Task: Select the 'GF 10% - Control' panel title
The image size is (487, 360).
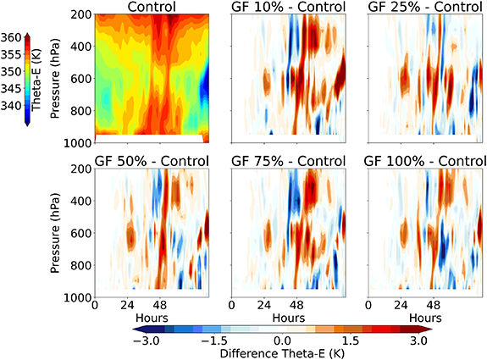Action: pos(288,8)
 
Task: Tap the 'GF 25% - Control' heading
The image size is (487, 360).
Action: pos(423,8)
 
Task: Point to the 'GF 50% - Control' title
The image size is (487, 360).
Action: pos(152,160)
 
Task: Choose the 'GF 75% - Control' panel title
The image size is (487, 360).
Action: pos(288,160)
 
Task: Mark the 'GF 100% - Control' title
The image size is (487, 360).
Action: pos(423,160)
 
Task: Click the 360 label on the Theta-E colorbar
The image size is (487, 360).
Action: pos(13,39)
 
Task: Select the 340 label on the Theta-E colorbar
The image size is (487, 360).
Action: pos(13,105)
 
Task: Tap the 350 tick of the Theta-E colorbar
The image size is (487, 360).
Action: pos(13,72)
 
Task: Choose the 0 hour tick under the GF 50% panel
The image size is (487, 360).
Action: pos(95,306)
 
